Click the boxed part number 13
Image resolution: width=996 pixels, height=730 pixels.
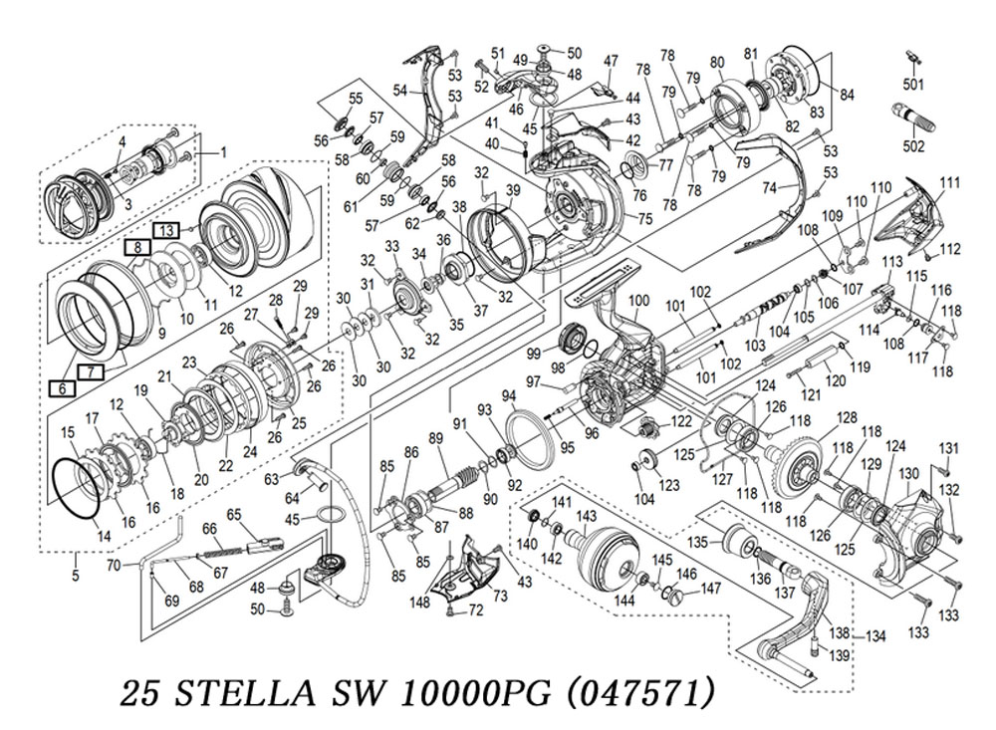tap(166, 229)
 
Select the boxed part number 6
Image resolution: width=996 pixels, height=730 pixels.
tap(62, 387)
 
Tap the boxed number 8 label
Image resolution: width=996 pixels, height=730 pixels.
tap(137, 248)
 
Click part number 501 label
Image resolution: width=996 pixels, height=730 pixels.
tap(913, 85)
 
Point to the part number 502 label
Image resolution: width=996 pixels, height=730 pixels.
tap(914, 146)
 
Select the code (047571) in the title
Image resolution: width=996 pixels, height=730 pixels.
tap(639, 692)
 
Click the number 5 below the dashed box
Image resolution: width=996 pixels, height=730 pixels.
tap(76, 577)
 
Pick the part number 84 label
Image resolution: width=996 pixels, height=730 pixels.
tap(846, 95)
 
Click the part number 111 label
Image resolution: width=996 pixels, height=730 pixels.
tap(949, 183)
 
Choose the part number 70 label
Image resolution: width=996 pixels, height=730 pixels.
tap(114, 564)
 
